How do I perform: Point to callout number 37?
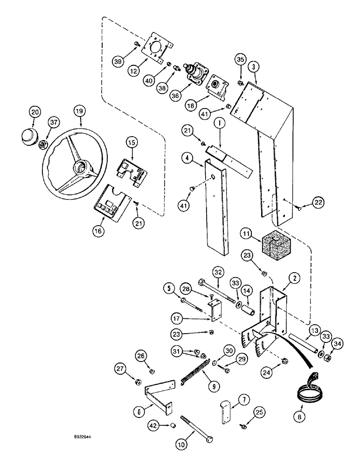54,122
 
